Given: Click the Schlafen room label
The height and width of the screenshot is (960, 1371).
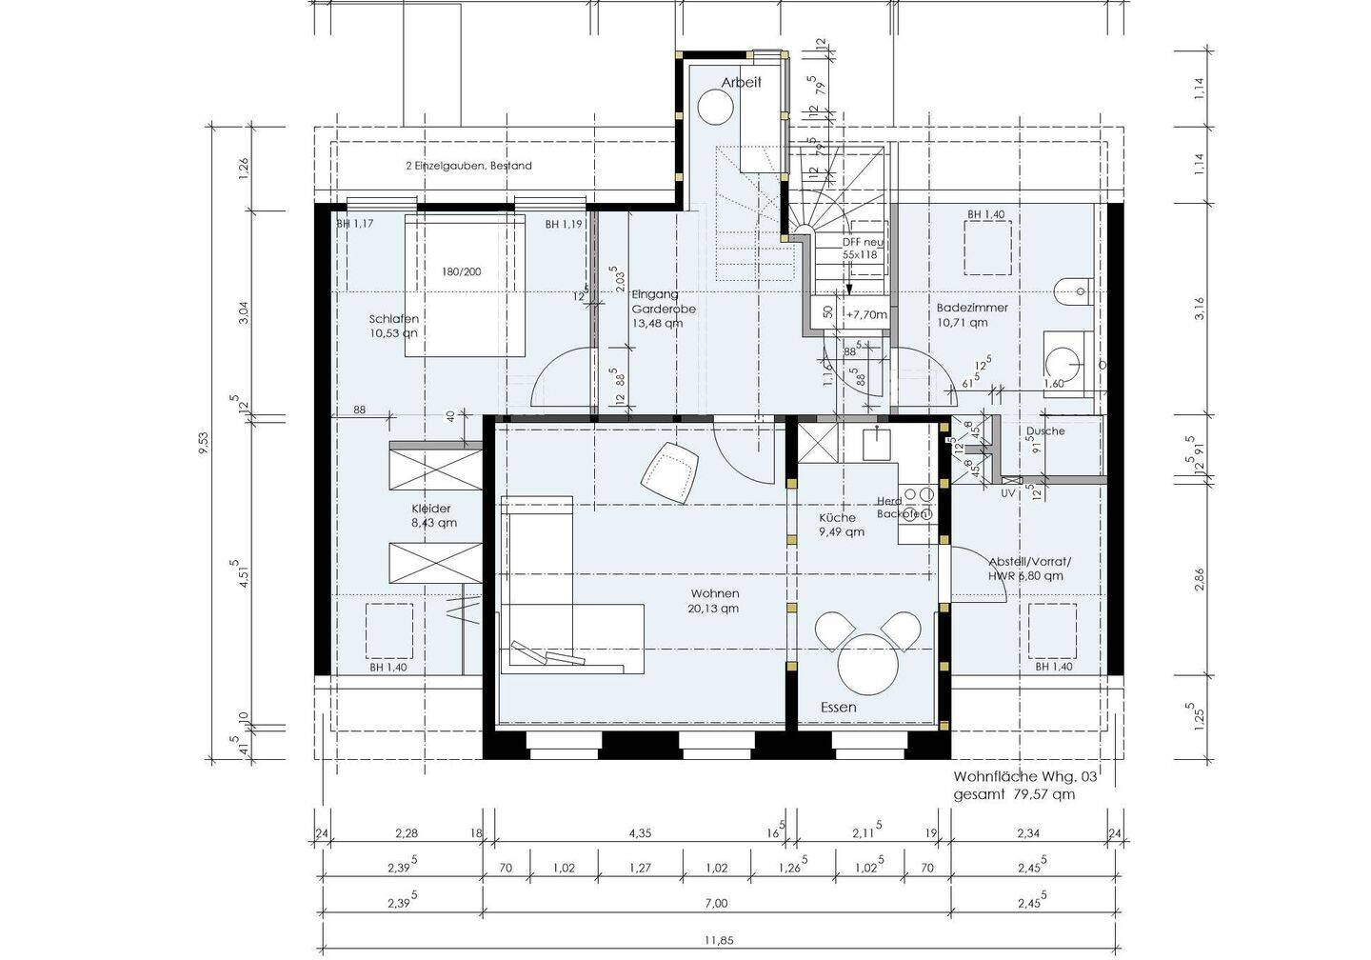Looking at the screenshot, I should point(394,326).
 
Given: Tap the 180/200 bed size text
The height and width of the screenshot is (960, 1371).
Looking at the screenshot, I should point(461,271).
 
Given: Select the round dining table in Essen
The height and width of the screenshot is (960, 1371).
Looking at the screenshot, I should point(868,665).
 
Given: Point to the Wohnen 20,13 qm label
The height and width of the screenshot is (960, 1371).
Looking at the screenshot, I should point(715,601).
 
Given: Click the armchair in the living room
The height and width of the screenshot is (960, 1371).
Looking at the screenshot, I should point(670,469).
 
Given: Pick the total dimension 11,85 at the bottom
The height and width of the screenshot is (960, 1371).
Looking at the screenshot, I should point(719,941).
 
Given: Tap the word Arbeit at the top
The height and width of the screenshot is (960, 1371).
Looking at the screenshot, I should point(741,83).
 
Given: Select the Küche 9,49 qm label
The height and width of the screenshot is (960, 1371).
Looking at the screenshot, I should point(841,525).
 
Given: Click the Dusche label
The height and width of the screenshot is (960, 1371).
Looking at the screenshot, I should point(1045,430).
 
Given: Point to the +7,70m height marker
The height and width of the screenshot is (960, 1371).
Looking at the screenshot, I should point(865,314).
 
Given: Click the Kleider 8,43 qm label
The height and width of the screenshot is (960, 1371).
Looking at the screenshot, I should point(433,515).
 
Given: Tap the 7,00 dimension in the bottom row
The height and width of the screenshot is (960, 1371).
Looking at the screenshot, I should point(717,904).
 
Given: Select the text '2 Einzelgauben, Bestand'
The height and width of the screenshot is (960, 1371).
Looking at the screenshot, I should point(468,166).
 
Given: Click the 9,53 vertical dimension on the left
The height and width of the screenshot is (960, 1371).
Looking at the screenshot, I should point(203,444).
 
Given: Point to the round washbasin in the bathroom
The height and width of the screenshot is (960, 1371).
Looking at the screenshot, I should point(1063,359).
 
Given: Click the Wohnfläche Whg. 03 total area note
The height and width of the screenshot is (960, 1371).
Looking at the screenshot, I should point(1025,785).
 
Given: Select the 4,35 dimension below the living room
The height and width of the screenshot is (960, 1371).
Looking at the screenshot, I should point(640,833).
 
